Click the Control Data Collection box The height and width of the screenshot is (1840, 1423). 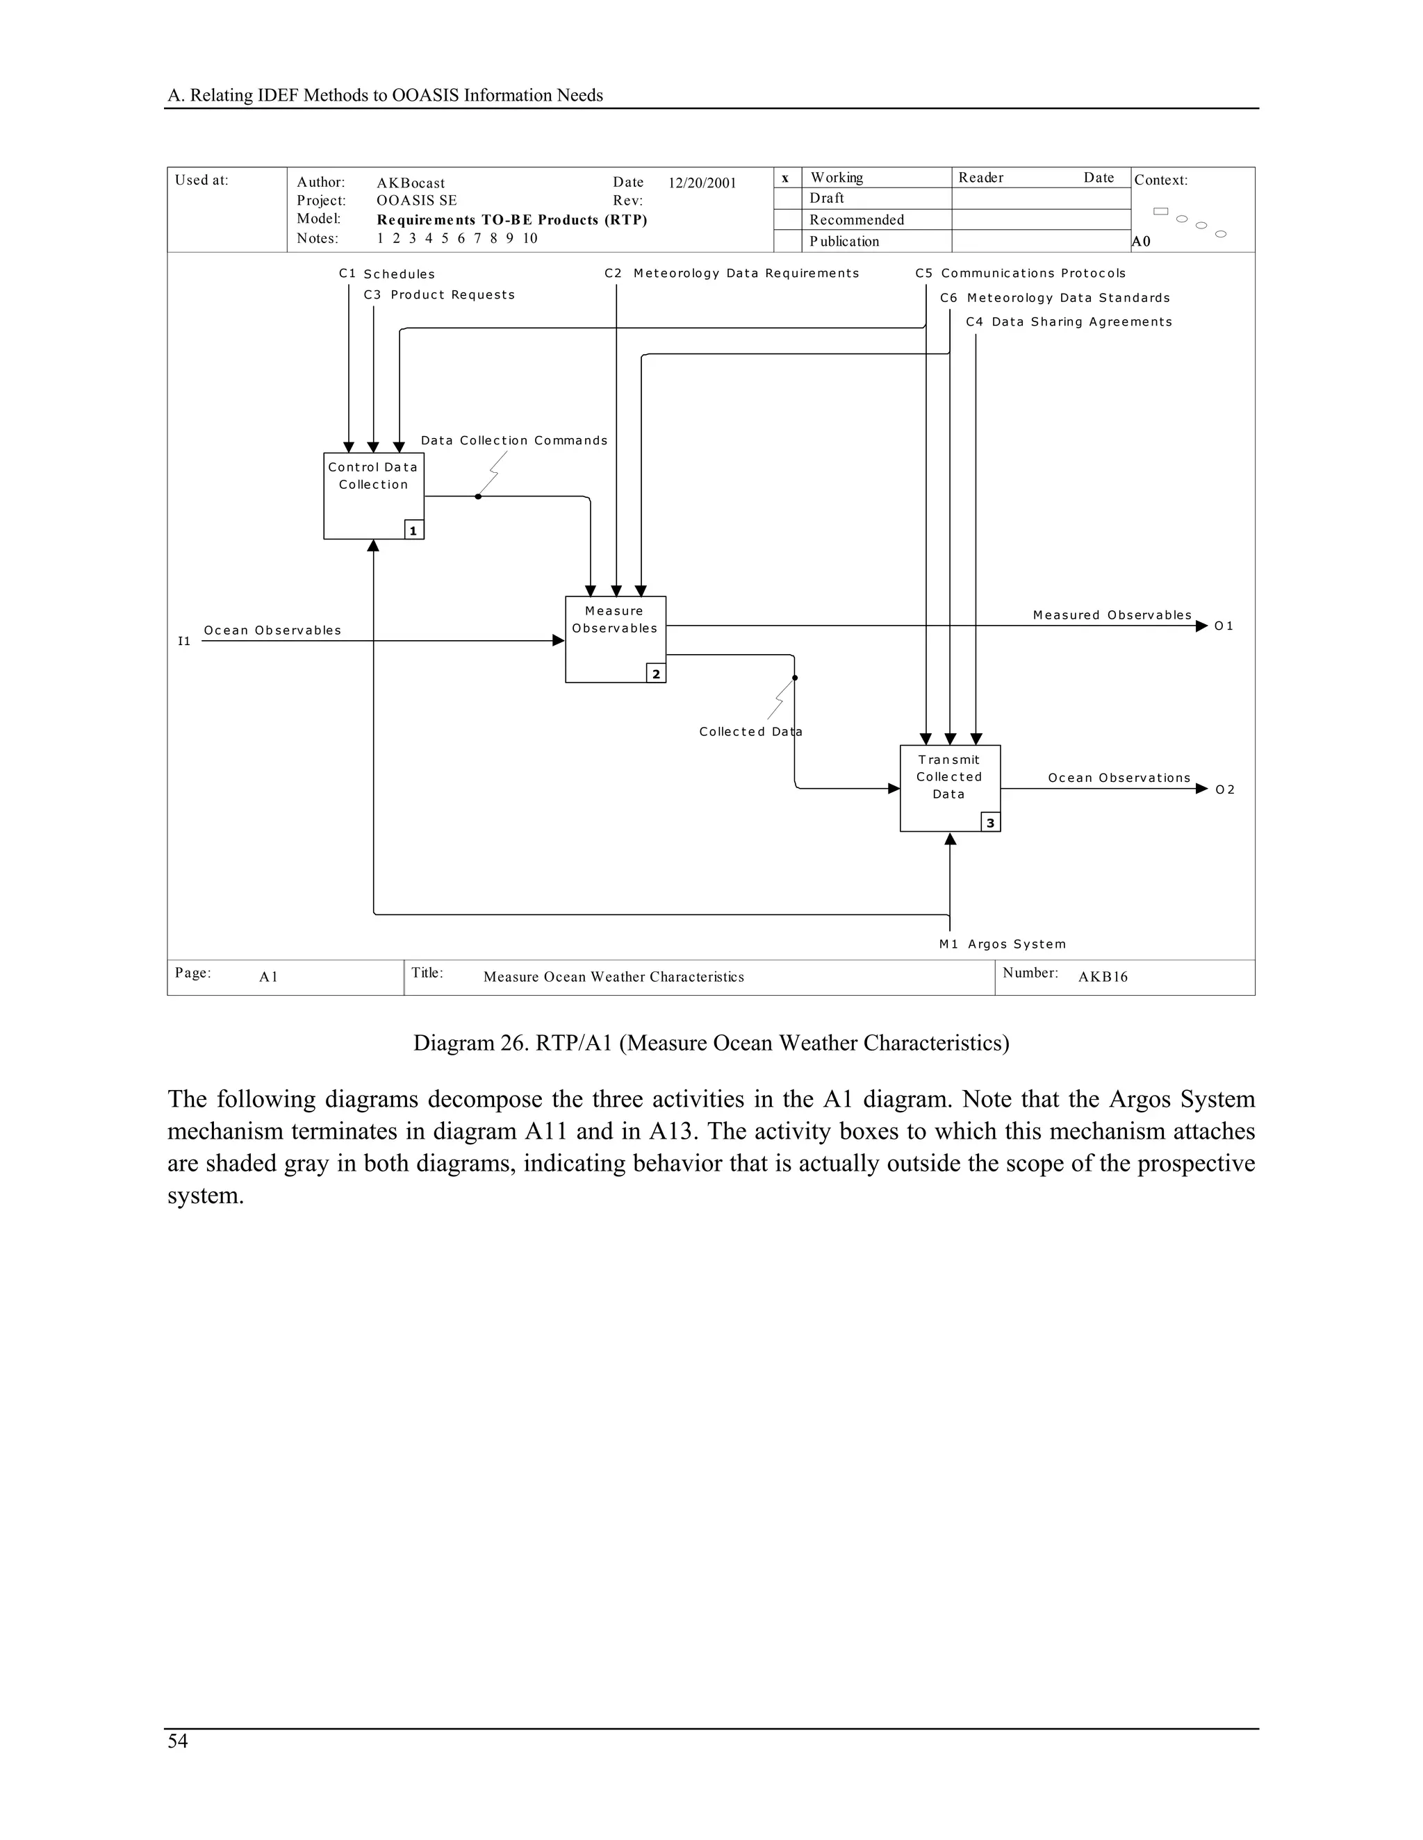pos(373,495)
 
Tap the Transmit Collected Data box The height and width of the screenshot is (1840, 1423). pos(949,788)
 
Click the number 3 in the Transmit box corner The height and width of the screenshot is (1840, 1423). pos(991,823)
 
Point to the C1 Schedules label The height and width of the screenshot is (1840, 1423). pos(387,274)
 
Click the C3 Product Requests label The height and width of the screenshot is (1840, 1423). pos(439,295)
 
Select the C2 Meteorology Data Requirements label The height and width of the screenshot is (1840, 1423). pos(732,273)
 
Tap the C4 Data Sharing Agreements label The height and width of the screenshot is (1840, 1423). pos(1069,322)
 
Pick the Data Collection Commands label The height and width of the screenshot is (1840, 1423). pos(514,441)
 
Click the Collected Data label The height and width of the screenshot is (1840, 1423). pos(750,731)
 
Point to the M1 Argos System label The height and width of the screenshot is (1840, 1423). pos(1003,944)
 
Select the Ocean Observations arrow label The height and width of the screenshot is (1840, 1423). pos(1119,778)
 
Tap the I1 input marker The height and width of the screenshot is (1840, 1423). pos(183,641)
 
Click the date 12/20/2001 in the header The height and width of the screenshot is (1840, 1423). pos(702,183)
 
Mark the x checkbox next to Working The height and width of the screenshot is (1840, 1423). pos(786,178)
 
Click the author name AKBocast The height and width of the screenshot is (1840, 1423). pos(411,183)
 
